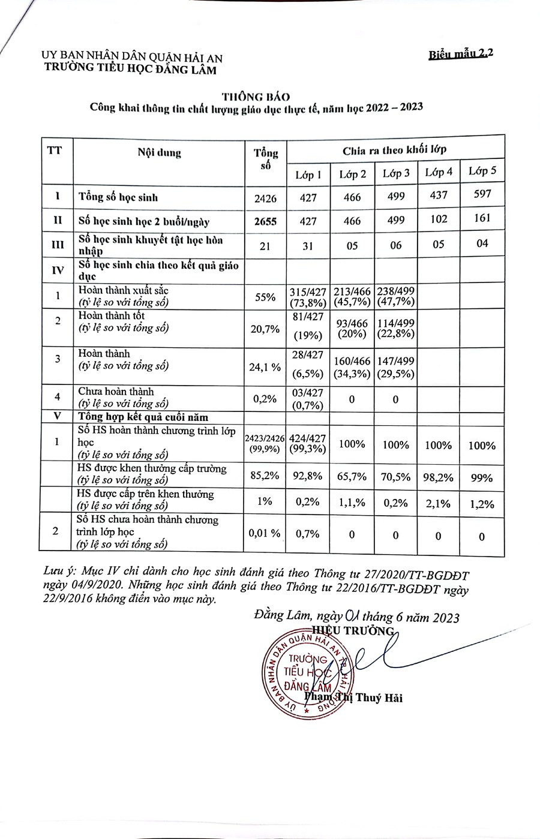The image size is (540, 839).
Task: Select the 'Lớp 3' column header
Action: click(x=396, y=174)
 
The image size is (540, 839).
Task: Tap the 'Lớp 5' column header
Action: click(x=482, y=171)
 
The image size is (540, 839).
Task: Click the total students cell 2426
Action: click(x=265, y=197)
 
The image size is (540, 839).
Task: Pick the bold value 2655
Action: click(x=265, y=221)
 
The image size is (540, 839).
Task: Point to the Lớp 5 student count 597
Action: click(x=481, y=194)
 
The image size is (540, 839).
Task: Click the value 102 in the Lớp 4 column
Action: click(x=439, y=219)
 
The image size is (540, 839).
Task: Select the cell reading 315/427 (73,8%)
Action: click(x=308, y=296)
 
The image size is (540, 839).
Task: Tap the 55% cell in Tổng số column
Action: click(x=265, y=296)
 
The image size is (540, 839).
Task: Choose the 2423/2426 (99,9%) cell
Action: click(x=265, y=444)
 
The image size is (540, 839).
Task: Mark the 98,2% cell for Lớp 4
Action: click(x=438, y=477)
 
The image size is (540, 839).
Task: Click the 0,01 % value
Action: click(x=265, y=533)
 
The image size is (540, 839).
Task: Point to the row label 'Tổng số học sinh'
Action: click(x=118, y=197)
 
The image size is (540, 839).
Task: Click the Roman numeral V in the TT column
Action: click(x=56, y=417)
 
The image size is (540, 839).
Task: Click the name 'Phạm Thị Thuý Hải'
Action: click(x=353, y=697)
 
